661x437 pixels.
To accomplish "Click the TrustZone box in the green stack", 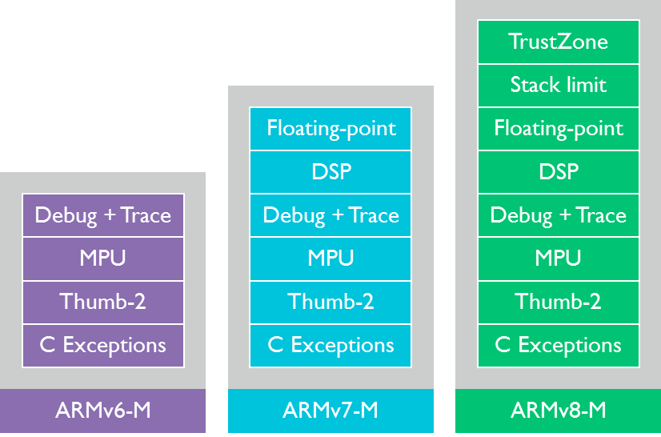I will point(558,42).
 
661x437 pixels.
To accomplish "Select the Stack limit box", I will point(558,85).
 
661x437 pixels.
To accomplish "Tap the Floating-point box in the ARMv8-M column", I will point(558,128).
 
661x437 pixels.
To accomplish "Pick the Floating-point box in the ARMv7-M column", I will point(330,128).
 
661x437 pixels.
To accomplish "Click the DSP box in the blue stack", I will point(330,171).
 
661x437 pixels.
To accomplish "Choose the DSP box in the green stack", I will point(558,171).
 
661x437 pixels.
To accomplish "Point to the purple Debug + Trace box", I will point(103,215).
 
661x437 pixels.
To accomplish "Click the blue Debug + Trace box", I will point(330,215).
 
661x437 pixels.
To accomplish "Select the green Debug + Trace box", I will point(558,215).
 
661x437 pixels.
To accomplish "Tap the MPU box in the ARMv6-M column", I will point(103,259).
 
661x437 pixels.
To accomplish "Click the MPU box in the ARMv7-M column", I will point(330,259).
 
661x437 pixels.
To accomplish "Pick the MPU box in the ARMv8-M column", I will point(558,259).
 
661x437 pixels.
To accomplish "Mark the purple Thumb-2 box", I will point(103,302).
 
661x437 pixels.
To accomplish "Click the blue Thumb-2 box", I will point(330,302).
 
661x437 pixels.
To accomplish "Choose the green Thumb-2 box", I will point(558,302).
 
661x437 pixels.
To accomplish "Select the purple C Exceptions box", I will point(103,346).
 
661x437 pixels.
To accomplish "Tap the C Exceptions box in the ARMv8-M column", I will point(558,346).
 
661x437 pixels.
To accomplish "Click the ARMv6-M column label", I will point(103,411).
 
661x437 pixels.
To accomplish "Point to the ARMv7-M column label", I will point(330,411).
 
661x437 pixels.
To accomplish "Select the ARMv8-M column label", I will point(558,411).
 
